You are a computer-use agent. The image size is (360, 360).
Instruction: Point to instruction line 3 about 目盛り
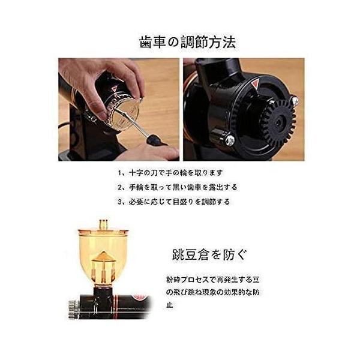point(174,202)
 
